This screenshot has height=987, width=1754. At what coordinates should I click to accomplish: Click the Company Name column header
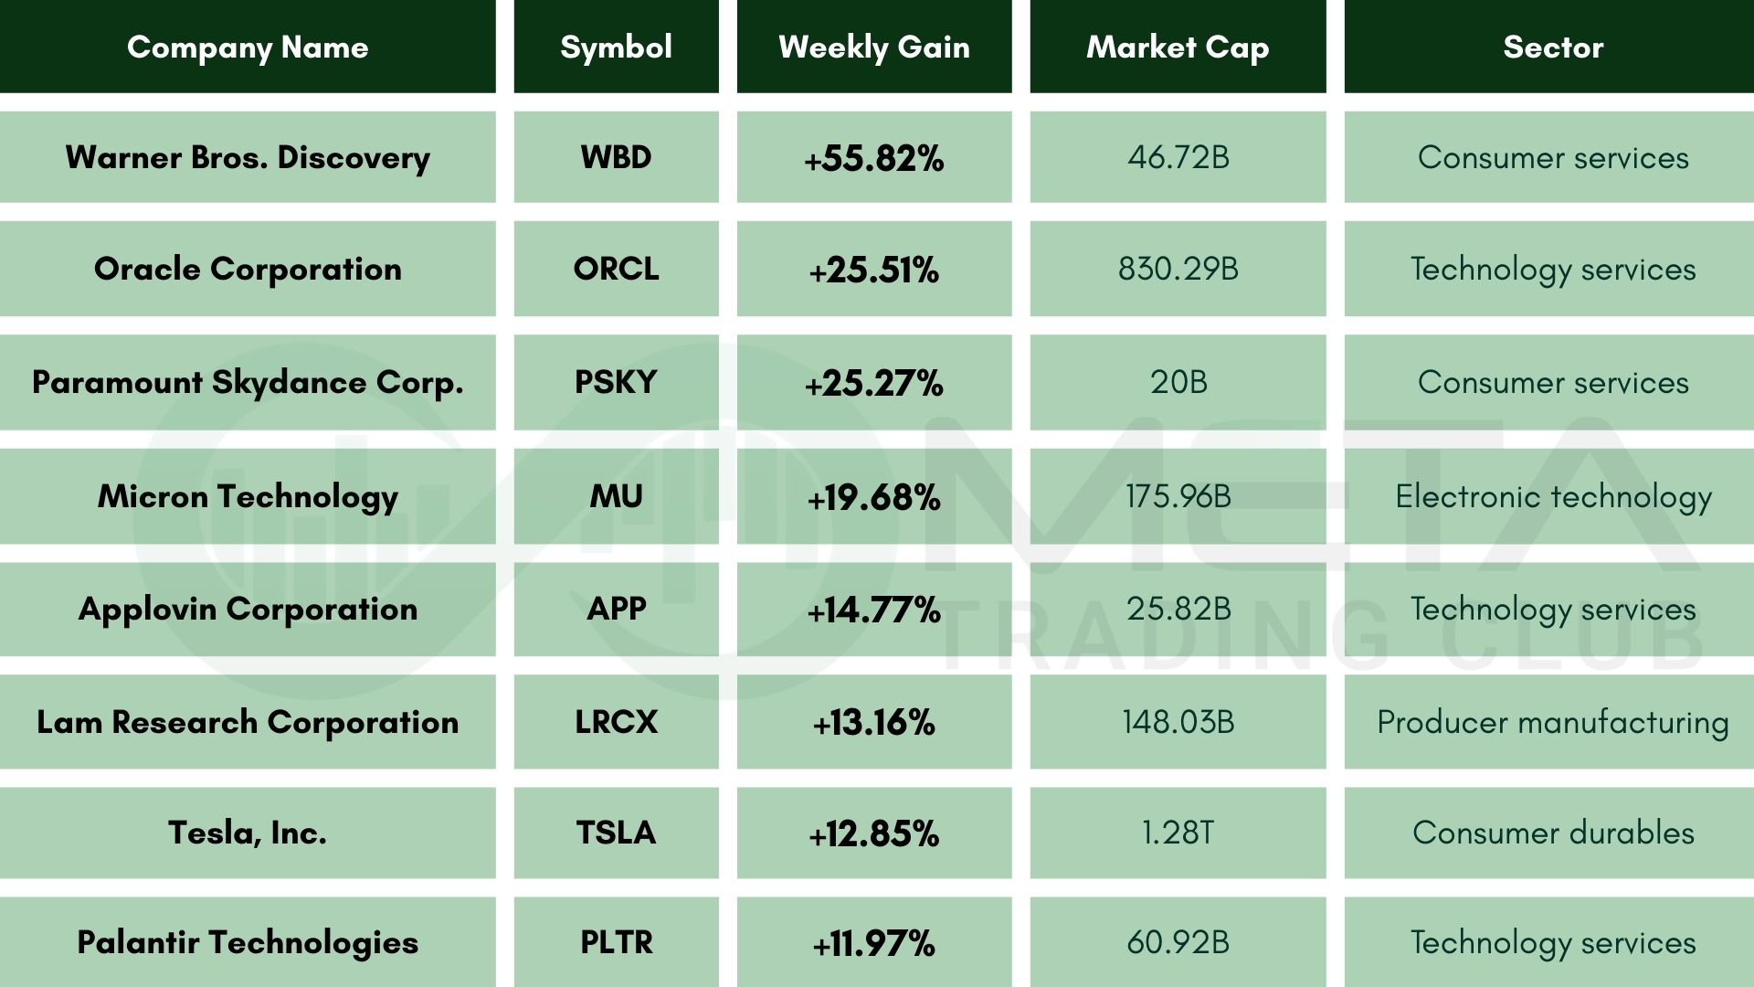248,48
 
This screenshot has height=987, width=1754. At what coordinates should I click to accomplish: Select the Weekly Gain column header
874,48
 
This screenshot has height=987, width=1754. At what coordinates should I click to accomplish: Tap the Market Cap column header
1178,48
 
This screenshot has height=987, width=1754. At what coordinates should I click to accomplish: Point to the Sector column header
1553,48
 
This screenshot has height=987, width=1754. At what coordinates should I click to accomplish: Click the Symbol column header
616,48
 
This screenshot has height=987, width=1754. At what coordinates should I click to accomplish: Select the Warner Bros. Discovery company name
248,157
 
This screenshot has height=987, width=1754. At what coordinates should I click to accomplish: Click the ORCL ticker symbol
616,269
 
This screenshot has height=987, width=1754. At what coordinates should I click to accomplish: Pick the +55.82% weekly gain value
874,158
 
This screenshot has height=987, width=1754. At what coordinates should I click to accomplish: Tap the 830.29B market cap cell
1178,269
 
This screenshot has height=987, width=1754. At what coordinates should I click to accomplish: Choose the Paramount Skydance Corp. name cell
248,382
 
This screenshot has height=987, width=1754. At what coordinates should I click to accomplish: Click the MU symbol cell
616,496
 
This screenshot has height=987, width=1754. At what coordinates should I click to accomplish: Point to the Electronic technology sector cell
1553,496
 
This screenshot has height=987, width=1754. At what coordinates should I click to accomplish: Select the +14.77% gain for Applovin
874,610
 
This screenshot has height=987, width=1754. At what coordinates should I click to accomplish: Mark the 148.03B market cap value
1178,722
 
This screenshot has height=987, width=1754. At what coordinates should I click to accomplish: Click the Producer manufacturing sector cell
1553,722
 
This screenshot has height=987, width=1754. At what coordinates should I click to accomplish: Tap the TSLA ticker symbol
616,833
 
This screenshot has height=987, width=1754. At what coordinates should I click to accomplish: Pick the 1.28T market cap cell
1178,833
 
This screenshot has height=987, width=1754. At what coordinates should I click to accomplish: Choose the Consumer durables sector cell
1553,833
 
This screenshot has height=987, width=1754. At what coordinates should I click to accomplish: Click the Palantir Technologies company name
248,942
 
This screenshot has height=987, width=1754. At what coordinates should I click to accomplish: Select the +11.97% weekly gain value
874,943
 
